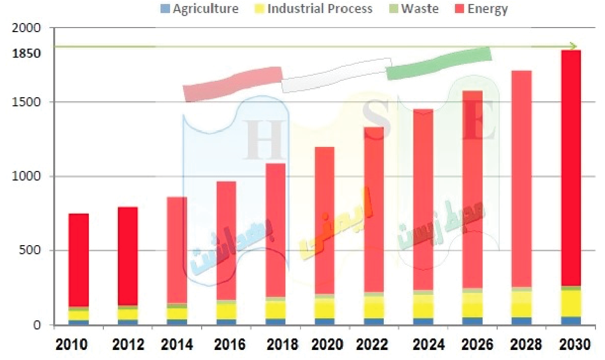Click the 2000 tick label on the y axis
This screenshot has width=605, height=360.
point(27,29)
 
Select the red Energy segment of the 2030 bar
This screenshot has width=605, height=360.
point(570,168)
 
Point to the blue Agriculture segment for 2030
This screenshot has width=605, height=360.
point(570,321)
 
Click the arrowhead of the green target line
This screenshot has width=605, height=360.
point(573,47)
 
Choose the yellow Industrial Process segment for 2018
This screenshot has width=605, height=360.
point(275,310)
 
